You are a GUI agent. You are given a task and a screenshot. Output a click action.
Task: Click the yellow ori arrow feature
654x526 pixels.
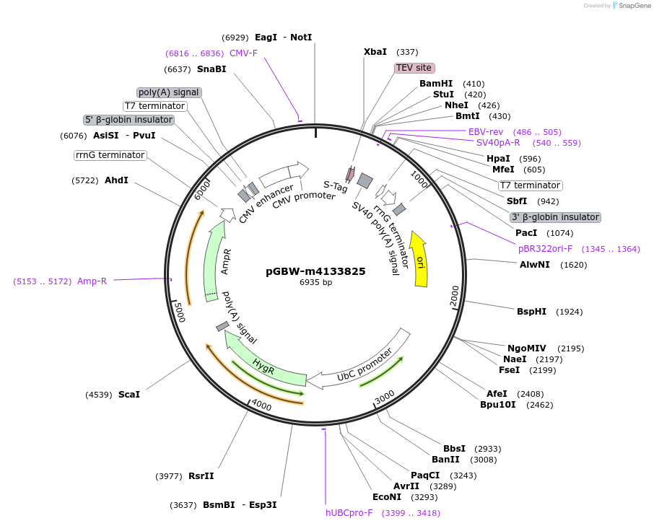click(x=419, y=258)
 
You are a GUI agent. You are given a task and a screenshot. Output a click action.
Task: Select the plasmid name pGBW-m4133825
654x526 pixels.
click(x=315, y=271)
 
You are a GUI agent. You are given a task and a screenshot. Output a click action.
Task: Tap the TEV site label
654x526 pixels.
click(x=414, y=68)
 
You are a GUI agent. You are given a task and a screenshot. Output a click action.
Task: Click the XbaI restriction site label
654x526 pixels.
click(x=375, y=52)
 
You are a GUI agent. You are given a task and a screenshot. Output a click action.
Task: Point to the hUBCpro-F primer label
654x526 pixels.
click(x=349, y=513)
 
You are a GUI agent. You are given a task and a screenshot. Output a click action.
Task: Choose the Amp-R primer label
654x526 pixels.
click(x=92, y=281)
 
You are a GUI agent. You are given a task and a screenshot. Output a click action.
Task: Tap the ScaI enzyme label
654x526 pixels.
click(x=129, y=395)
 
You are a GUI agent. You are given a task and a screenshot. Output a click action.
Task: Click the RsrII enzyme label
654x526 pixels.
click(x=201, y=476)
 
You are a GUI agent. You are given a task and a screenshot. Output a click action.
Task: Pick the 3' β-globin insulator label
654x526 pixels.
click(x=554, y=217)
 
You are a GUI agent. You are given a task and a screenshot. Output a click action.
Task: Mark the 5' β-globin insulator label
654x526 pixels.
click(x=129, y=120)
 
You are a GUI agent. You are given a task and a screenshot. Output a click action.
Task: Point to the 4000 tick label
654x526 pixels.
click(x=261, y=406)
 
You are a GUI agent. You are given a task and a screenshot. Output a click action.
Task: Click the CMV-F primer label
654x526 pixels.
click(x=243, y=53)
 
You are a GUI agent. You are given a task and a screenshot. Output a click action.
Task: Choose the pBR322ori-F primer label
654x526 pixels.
click(x=545, y=249)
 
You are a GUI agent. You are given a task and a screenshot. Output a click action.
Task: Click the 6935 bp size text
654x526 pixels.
click(x=315, y=283)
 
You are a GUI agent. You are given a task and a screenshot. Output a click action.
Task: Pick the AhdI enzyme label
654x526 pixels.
click(x=116, y=180)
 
